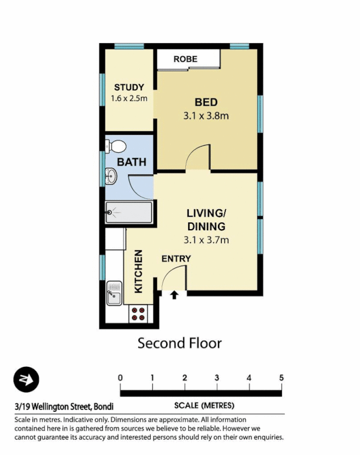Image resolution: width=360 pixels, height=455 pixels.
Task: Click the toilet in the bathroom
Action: [117, 146]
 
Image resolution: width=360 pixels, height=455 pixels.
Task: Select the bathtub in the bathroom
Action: [129, 213]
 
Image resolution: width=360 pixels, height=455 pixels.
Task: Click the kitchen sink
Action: [114, 292]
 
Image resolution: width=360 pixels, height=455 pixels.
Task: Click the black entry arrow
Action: [174, 295]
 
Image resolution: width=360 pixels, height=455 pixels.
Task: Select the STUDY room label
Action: [129, 87]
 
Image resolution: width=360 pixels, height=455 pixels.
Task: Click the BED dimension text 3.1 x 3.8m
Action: [206, 115]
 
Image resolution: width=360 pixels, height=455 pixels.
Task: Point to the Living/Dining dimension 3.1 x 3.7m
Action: [206, 240]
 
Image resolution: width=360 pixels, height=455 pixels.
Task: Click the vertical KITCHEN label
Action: [138, 272]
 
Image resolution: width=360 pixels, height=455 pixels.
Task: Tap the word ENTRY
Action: [176, 259]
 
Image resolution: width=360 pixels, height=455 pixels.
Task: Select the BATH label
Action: [131, 162]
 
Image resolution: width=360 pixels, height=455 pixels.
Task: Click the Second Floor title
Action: [180, 343]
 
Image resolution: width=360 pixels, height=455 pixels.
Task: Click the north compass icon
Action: [26, 380]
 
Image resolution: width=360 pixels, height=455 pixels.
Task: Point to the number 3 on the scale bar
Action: [217, 378]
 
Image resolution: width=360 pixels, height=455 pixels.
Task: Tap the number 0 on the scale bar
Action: [121, 378]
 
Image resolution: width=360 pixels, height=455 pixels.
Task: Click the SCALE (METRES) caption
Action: [204, 406]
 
